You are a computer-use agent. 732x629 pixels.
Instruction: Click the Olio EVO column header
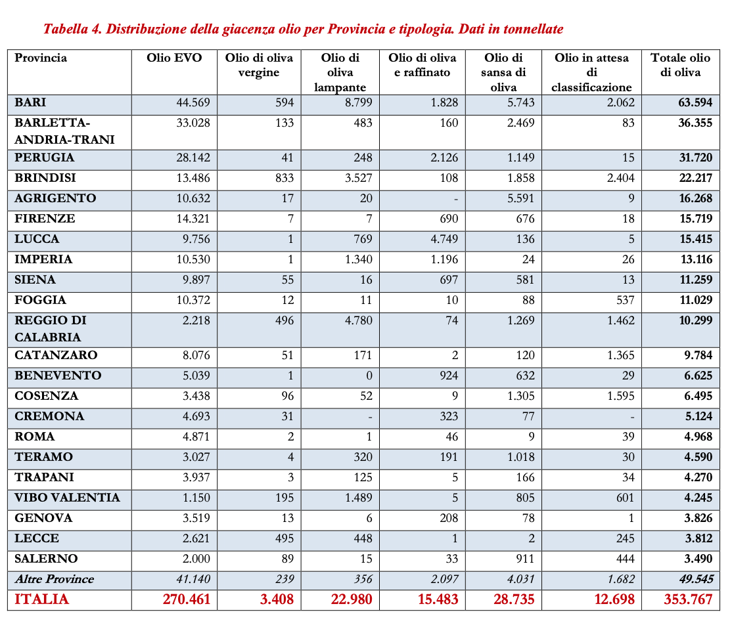[174, 58]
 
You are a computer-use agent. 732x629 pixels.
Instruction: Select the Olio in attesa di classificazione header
[591, 72]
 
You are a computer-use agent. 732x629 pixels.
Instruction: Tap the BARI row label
[30, 103]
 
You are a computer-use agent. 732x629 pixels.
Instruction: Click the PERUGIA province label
[44, 158]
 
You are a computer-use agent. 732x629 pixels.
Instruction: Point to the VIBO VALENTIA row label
[67, 498]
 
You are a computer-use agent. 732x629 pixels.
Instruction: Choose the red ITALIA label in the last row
[41, 599]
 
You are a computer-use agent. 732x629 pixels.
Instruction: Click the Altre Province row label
[54, 579]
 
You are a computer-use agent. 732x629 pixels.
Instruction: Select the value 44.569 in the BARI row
[193, 103]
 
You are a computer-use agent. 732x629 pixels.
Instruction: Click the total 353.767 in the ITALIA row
[687, 599]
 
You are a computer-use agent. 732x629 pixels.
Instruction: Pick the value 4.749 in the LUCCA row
[444, 239]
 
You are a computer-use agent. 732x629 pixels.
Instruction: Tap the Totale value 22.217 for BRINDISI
[696, 179]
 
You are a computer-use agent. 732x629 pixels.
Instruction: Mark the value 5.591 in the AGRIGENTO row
[521, 199]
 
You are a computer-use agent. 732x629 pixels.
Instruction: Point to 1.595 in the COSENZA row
[618, 396]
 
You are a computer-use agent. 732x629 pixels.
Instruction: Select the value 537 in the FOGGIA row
[624, 300]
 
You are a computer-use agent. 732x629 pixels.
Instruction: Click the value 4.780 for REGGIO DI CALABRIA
[359, 320]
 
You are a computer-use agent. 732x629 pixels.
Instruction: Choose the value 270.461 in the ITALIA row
[186, 599]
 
